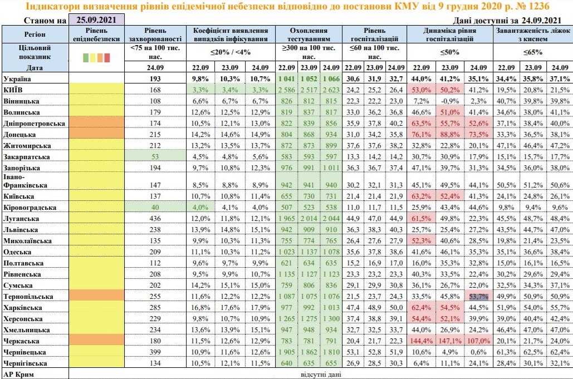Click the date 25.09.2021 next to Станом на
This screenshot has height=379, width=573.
pos(96,20)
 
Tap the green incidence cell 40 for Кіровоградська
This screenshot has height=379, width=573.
pos(155,206)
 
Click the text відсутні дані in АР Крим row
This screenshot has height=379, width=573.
pos(320,374)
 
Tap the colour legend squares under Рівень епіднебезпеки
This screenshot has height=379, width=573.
pos(96,57)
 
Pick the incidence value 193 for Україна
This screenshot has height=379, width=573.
pos(155,78)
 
